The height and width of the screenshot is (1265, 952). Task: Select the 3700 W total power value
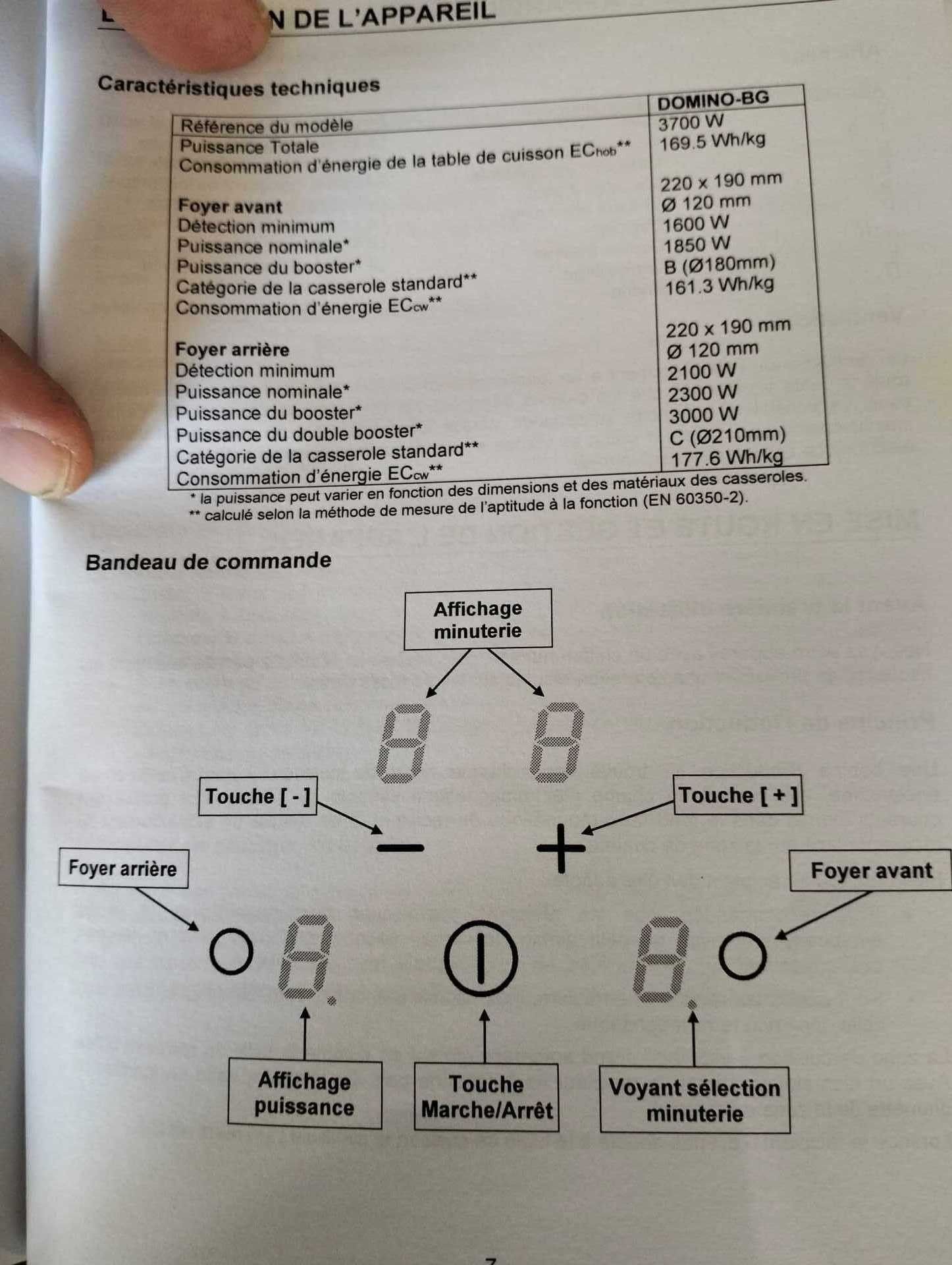691,123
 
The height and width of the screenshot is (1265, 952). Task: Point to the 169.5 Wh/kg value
712,142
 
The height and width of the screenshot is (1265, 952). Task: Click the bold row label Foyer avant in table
230,206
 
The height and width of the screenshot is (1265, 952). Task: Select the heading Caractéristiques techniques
239,86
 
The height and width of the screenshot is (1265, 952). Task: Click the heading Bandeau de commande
208,561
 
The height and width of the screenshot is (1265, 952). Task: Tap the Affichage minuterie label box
477,619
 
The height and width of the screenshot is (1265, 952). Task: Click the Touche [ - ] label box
257,796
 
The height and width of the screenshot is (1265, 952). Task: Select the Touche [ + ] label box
737,795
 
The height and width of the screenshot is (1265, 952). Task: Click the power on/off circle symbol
481,958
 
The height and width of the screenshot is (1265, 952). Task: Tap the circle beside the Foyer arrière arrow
231,951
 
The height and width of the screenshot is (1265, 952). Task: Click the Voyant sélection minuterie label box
695,1100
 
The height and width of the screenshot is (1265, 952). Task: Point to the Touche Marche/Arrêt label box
486,1097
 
